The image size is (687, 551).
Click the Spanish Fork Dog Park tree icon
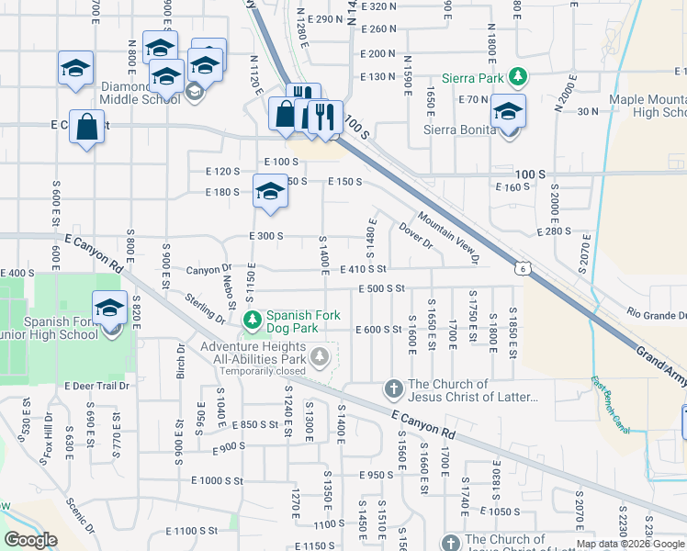(x=253, y=320)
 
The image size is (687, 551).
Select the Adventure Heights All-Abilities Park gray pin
(x=320, y=355)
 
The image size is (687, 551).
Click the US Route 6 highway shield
(x=521, y=267)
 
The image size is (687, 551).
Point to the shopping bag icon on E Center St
(x=85, y=127)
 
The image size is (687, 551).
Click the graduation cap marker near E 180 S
(x=269, y=191)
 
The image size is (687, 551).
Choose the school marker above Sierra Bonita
(x=507, y=111)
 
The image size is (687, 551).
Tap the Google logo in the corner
(x=30, y=540)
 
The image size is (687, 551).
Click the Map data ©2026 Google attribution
(x=631, y=544)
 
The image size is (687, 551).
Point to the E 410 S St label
(x=363, y=269)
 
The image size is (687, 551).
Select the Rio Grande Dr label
(x=656, y=315)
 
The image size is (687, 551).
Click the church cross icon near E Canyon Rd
(x=394, y=389)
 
